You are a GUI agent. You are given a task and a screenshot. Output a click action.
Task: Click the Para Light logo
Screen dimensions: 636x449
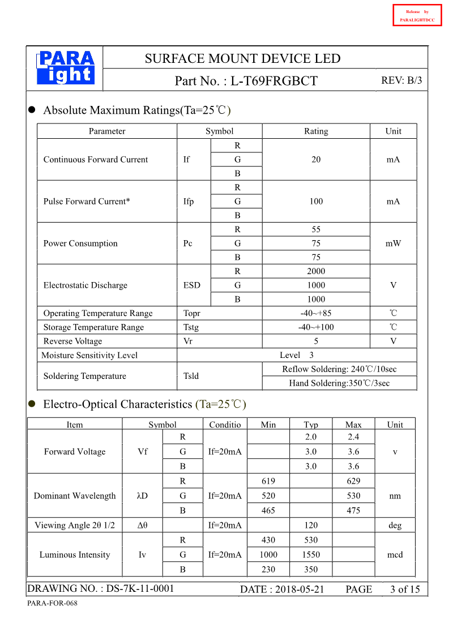66,68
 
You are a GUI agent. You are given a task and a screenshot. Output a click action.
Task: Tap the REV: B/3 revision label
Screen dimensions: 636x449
401,80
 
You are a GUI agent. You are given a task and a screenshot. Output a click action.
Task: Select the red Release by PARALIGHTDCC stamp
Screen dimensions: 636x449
417,15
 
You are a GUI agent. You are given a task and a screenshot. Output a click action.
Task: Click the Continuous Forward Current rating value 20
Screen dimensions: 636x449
316,160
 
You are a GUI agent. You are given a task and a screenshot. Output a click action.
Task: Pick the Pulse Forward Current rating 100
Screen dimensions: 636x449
316,202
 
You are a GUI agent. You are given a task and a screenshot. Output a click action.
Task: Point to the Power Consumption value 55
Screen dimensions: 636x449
316,229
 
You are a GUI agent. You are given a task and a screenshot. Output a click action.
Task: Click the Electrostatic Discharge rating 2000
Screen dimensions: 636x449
316,271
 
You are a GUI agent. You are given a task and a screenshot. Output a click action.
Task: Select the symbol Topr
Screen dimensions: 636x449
192,313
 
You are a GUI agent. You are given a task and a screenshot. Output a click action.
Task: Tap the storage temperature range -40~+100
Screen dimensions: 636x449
316,327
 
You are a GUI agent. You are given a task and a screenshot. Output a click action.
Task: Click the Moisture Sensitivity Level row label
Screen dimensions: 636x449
89,355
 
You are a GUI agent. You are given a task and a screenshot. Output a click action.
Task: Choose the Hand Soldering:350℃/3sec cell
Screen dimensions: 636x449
339,383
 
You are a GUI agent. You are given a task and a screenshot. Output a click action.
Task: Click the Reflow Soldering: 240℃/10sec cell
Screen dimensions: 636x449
339,369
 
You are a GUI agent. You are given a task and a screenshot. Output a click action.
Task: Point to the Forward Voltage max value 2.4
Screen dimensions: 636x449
353,437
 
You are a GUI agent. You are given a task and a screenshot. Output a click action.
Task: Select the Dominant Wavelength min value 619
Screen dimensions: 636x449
268,481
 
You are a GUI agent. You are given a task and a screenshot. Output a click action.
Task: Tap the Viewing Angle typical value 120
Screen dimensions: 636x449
311,525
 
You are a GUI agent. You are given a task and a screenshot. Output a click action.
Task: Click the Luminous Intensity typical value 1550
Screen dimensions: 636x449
311,554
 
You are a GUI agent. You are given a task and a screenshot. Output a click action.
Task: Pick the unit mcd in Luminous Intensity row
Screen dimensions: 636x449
395,554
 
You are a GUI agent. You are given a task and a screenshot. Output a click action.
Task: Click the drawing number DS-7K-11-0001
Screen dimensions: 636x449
140,589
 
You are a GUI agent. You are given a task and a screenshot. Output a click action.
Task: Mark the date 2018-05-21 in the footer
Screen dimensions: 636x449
300,590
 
